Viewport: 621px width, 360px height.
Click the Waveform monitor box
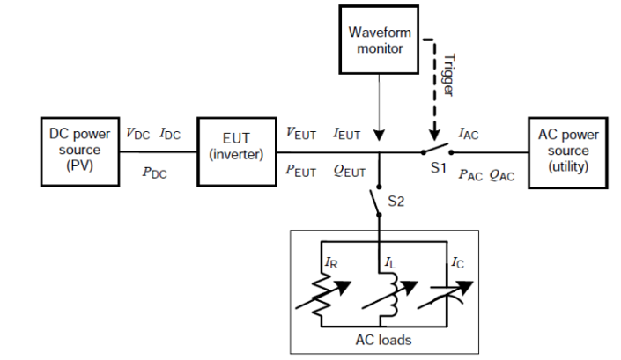[x=379, y=40]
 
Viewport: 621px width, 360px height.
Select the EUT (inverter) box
[x=237, y=151]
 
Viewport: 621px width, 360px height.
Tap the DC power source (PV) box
[x=80, y=151]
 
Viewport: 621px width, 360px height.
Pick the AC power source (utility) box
[x=568, y=152]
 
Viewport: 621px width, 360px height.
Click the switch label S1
[x=439, y=168]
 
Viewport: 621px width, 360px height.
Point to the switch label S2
[x=396, y=202]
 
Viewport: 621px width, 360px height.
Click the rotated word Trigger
[x=448, y=75]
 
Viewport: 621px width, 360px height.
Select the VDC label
[x=137, y=134]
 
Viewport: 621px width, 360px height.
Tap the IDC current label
[x=170, y=134]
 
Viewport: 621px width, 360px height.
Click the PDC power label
[x=154, y=173]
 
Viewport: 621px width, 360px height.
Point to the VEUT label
[x=301, y=133]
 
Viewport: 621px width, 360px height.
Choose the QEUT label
[x=350, y=172]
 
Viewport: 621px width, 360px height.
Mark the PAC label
[x=470, y=175]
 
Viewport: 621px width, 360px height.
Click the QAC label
[x=502, y=175]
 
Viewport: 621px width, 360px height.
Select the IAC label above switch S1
[x=469, y=134]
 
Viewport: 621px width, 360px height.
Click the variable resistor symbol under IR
[x=322, y=296]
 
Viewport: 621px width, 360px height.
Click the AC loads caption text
[x=383, y=341]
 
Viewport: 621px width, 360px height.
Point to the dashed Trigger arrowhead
[x=434, y=134]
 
